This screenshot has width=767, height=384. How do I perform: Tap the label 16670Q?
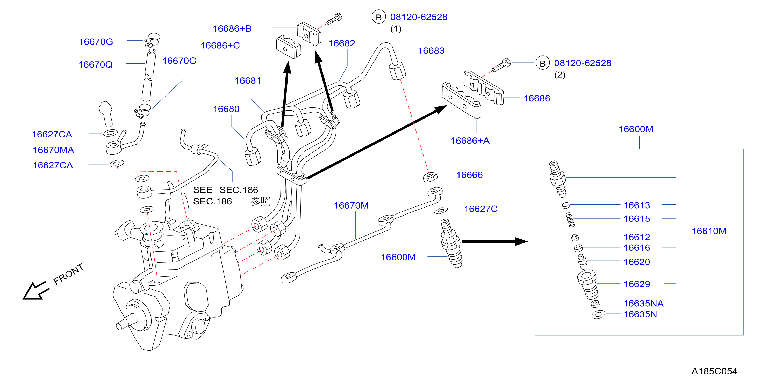point(96,64)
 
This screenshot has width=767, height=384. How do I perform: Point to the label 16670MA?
point(53,150)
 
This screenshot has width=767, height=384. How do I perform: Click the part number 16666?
point(469,175)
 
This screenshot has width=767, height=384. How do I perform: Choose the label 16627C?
point(481,209)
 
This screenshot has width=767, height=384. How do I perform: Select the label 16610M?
point(709,231)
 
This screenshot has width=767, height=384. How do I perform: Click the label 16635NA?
point(643,303)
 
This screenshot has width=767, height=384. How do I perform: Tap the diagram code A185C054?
point(714,371)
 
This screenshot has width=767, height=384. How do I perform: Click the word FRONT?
point(68,274)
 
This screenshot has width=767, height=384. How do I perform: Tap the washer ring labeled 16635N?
point(598,314)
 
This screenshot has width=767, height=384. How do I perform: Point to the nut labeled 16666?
point(430,177)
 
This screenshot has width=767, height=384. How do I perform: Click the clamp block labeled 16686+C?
point(288,47)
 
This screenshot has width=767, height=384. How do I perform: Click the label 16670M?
point(351,205)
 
